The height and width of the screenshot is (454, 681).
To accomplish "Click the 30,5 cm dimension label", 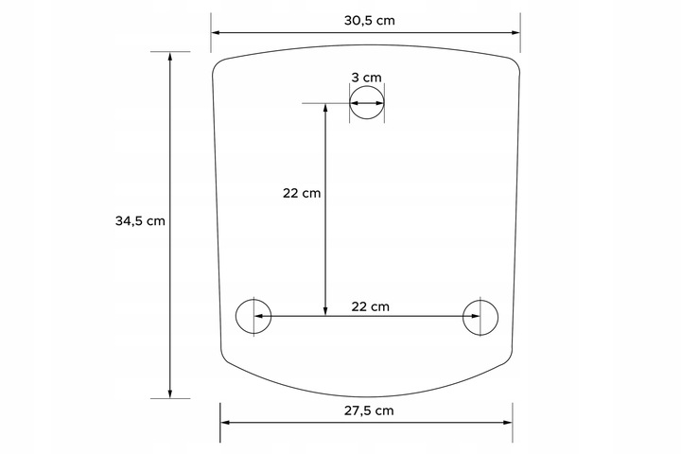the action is [370, 21].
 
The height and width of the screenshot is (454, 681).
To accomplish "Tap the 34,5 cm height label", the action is [140, 220].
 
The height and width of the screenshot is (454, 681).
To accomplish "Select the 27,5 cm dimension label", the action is [369, 410].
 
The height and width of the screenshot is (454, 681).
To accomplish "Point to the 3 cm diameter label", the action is [366, 78].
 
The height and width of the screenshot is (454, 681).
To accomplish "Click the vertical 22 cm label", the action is [302, 193].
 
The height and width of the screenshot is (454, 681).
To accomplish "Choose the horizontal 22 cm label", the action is [370, 306].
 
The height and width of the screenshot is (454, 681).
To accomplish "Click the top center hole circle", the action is [367, 86].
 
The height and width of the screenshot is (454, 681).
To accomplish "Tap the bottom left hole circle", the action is [236, 316].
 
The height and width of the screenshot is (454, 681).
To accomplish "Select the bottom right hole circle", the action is [498, 317].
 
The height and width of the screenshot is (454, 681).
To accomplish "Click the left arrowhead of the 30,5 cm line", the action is [216, 32].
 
